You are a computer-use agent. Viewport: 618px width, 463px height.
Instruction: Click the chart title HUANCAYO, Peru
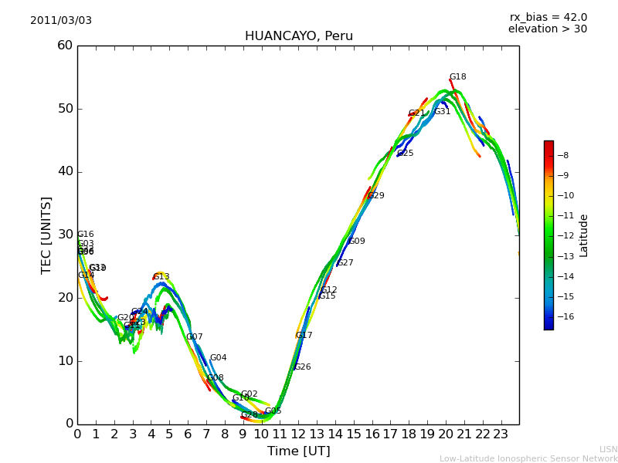298,36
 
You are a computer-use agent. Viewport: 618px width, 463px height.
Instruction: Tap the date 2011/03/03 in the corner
61,21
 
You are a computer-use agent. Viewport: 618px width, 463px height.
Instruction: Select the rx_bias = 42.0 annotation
548,18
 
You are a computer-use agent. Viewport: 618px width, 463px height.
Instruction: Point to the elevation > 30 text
547,29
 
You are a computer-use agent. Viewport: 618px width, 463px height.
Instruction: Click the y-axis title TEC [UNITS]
47,235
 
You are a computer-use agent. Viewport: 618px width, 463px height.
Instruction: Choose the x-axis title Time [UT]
298,451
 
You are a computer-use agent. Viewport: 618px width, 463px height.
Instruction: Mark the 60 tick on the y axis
65,46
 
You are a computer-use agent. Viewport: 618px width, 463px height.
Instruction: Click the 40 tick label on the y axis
65,171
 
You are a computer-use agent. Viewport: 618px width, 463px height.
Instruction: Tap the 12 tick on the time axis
298,434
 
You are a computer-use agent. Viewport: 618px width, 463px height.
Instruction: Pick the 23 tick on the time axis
501,434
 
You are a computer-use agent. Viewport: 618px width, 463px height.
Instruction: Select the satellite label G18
457,77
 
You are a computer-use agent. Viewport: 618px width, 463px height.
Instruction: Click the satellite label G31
442,112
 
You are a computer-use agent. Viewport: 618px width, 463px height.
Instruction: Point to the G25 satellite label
405,154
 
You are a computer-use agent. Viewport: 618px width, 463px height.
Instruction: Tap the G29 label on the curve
375,196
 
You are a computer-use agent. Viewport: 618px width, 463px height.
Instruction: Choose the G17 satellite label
304,336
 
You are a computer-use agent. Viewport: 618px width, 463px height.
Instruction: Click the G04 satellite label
218,358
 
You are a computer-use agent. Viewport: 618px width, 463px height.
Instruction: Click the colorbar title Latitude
584,235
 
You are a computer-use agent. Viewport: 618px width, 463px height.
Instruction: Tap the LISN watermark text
608,449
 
